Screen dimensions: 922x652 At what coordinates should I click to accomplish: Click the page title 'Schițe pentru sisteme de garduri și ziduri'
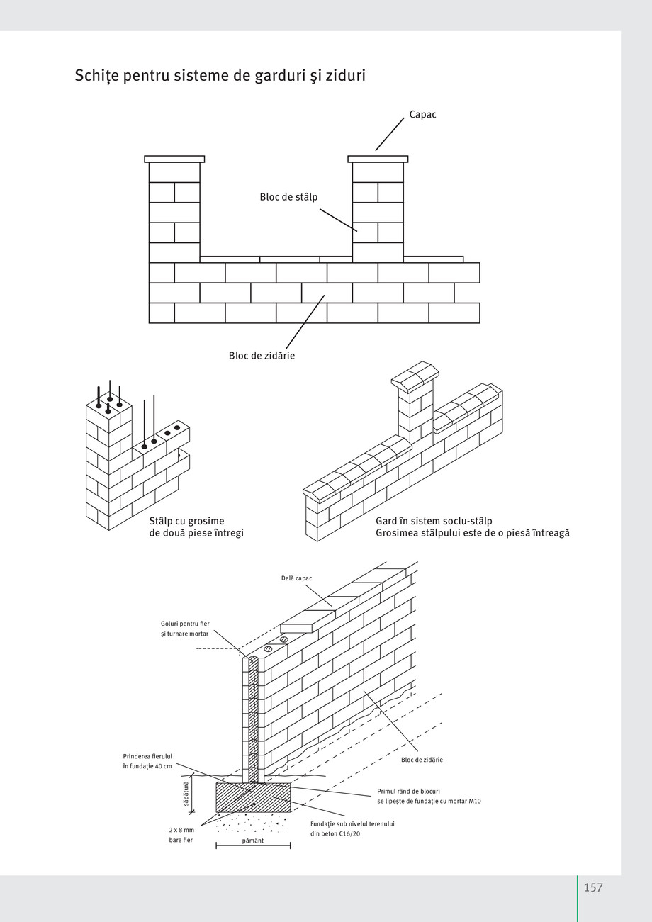220,75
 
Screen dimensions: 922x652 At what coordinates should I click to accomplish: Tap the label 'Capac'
422,115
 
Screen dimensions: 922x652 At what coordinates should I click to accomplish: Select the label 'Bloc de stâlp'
288,197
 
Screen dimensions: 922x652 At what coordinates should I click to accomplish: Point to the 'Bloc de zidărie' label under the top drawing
262,356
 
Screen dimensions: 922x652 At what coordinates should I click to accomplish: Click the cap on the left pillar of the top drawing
174,159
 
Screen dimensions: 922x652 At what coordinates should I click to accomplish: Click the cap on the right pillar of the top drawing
378,159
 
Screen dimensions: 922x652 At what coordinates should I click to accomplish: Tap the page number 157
593,887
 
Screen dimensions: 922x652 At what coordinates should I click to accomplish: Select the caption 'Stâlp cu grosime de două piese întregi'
196,527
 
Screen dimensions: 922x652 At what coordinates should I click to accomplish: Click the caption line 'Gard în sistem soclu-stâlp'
434,521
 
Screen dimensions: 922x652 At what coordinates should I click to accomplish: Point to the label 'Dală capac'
296,578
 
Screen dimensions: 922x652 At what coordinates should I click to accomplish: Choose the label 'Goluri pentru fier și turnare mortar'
185,629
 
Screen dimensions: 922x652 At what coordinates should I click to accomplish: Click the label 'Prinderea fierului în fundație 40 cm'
147,761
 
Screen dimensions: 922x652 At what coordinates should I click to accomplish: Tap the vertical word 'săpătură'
186,794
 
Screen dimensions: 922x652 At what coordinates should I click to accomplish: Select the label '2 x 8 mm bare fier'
181,835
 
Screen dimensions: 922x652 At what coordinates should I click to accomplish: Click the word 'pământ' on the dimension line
253,841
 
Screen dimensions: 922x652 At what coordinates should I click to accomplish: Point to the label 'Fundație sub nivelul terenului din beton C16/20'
352,828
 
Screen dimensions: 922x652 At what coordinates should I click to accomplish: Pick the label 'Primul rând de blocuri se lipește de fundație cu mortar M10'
429,796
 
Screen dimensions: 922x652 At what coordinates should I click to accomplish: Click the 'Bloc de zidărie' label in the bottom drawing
422,760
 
